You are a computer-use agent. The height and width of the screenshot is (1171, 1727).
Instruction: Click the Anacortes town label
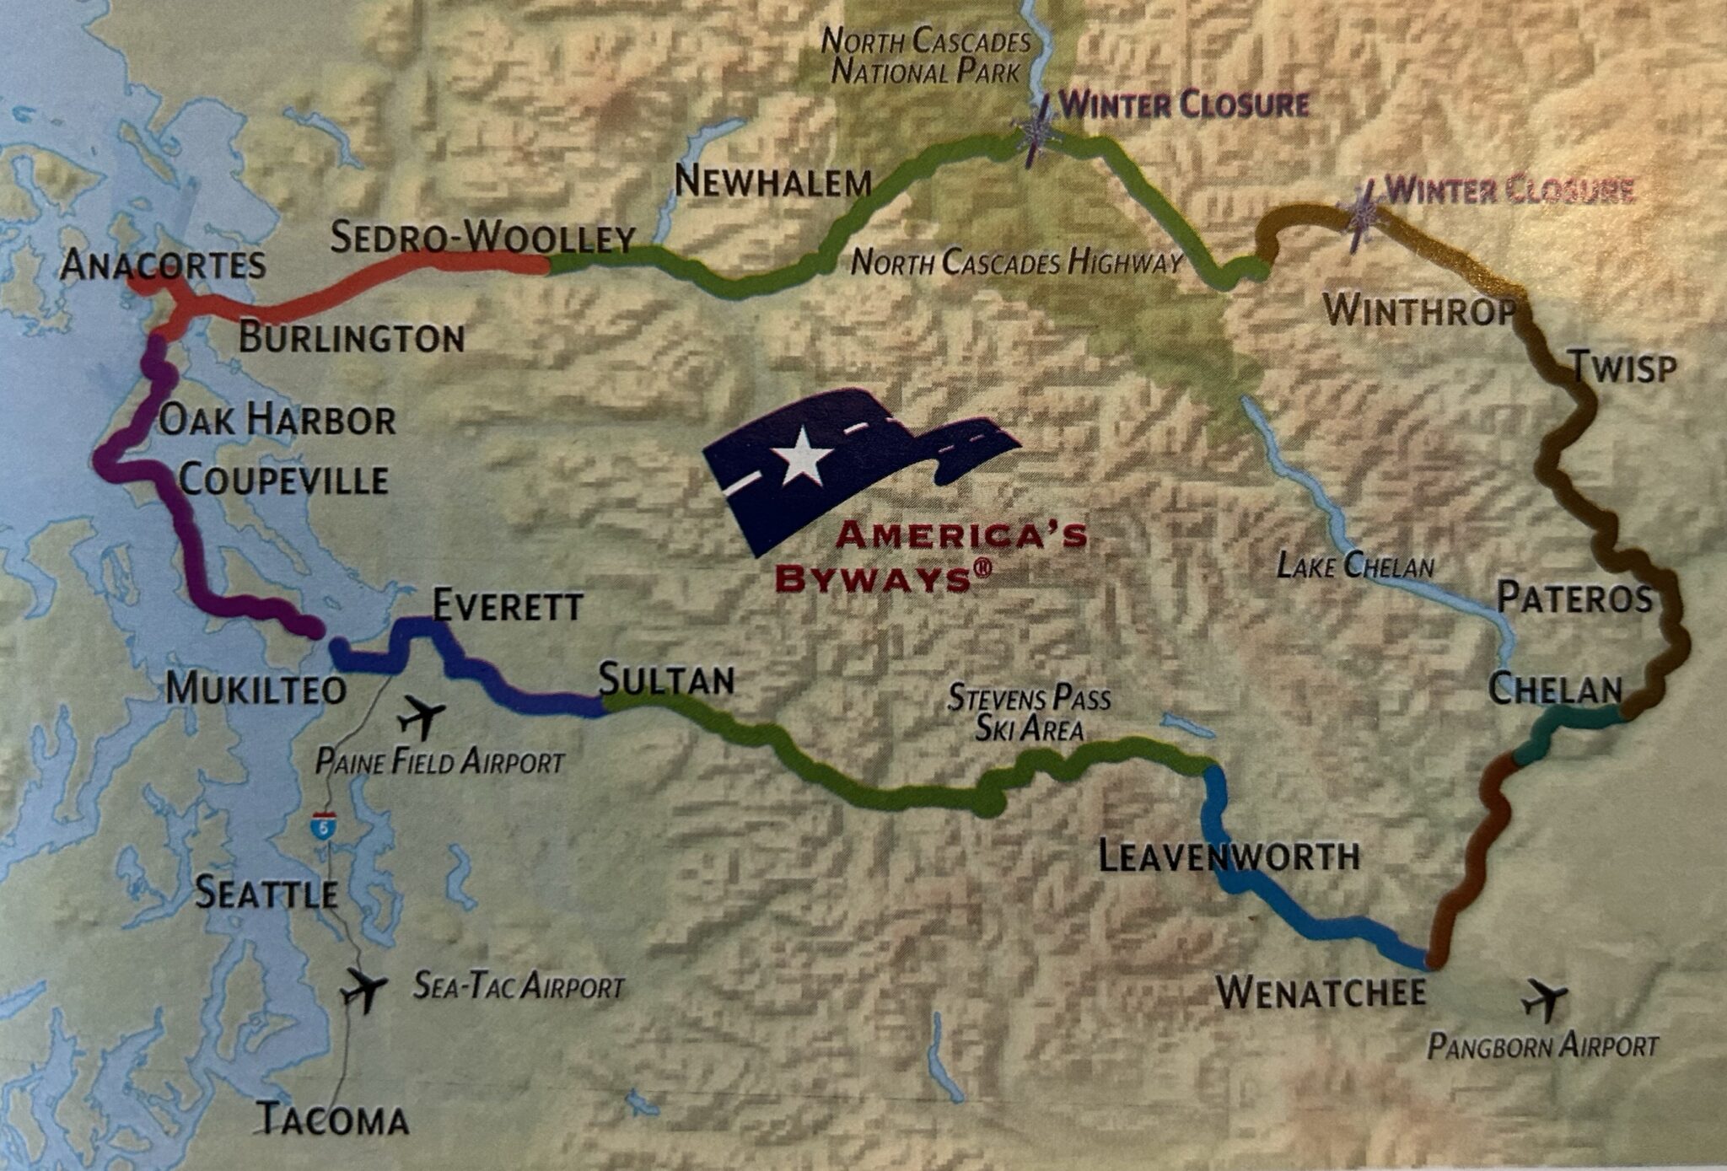tap(164, 266)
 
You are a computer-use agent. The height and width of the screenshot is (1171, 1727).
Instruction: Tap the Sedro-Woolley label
tap(482, 239)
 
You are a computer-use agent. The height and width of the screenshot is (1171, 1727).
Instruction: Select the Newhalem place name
tap(772, 182)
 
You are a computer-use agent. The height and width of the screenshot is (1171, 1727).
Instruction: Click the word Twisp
tap(1622, 368)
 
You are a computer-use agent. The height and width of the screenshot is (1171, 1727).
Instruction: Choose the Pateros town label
tap(1574, 599)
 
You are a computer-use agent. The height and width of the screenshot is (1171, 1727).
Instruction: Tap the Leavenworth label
tap(1229, 857)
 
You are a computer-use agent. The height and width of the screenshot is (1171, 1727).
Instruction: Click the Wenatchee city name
tap(1321, 992)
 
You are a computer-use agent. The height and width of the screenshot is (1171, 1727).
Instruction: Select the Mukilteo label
tap(256, 690)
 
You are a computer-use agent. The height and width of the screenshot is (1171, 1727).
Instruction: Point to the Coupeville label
tap(284, 481)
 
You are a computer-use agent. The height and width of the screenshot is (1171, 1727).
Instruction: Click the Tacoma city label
tap(332, 1120)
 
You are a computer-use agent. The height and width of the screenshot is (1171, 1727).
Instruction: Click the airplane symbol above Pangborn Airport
tap(1544, 1000)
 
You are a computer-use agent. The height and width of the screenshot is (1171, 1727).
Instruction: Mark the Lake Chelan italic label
tap(1354, 565)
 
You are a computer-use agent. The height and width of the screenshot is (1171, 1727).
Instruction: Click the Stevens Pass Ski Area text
tap(1029, 713)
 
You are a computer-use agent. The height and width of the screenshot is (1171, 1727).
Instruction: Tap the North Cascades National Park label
tap(926, 56)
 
